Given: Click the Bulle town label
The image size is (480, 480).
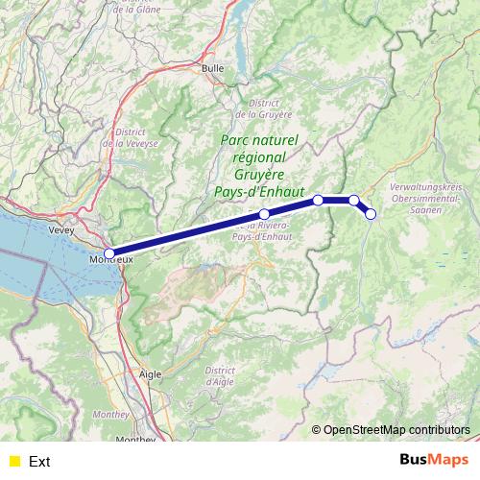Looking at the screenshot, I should pos(212,68).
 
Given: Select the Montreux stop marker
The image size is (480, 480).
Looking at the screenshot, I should pos(109,253).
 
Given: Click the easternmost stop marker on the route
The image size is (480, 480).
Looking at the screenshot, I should pos(372,214).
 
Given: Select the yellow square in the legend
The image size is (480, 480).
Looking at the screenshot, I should pos(13,461).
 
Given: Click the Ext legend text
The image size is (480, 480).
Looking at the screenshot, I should pos(39,461).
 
